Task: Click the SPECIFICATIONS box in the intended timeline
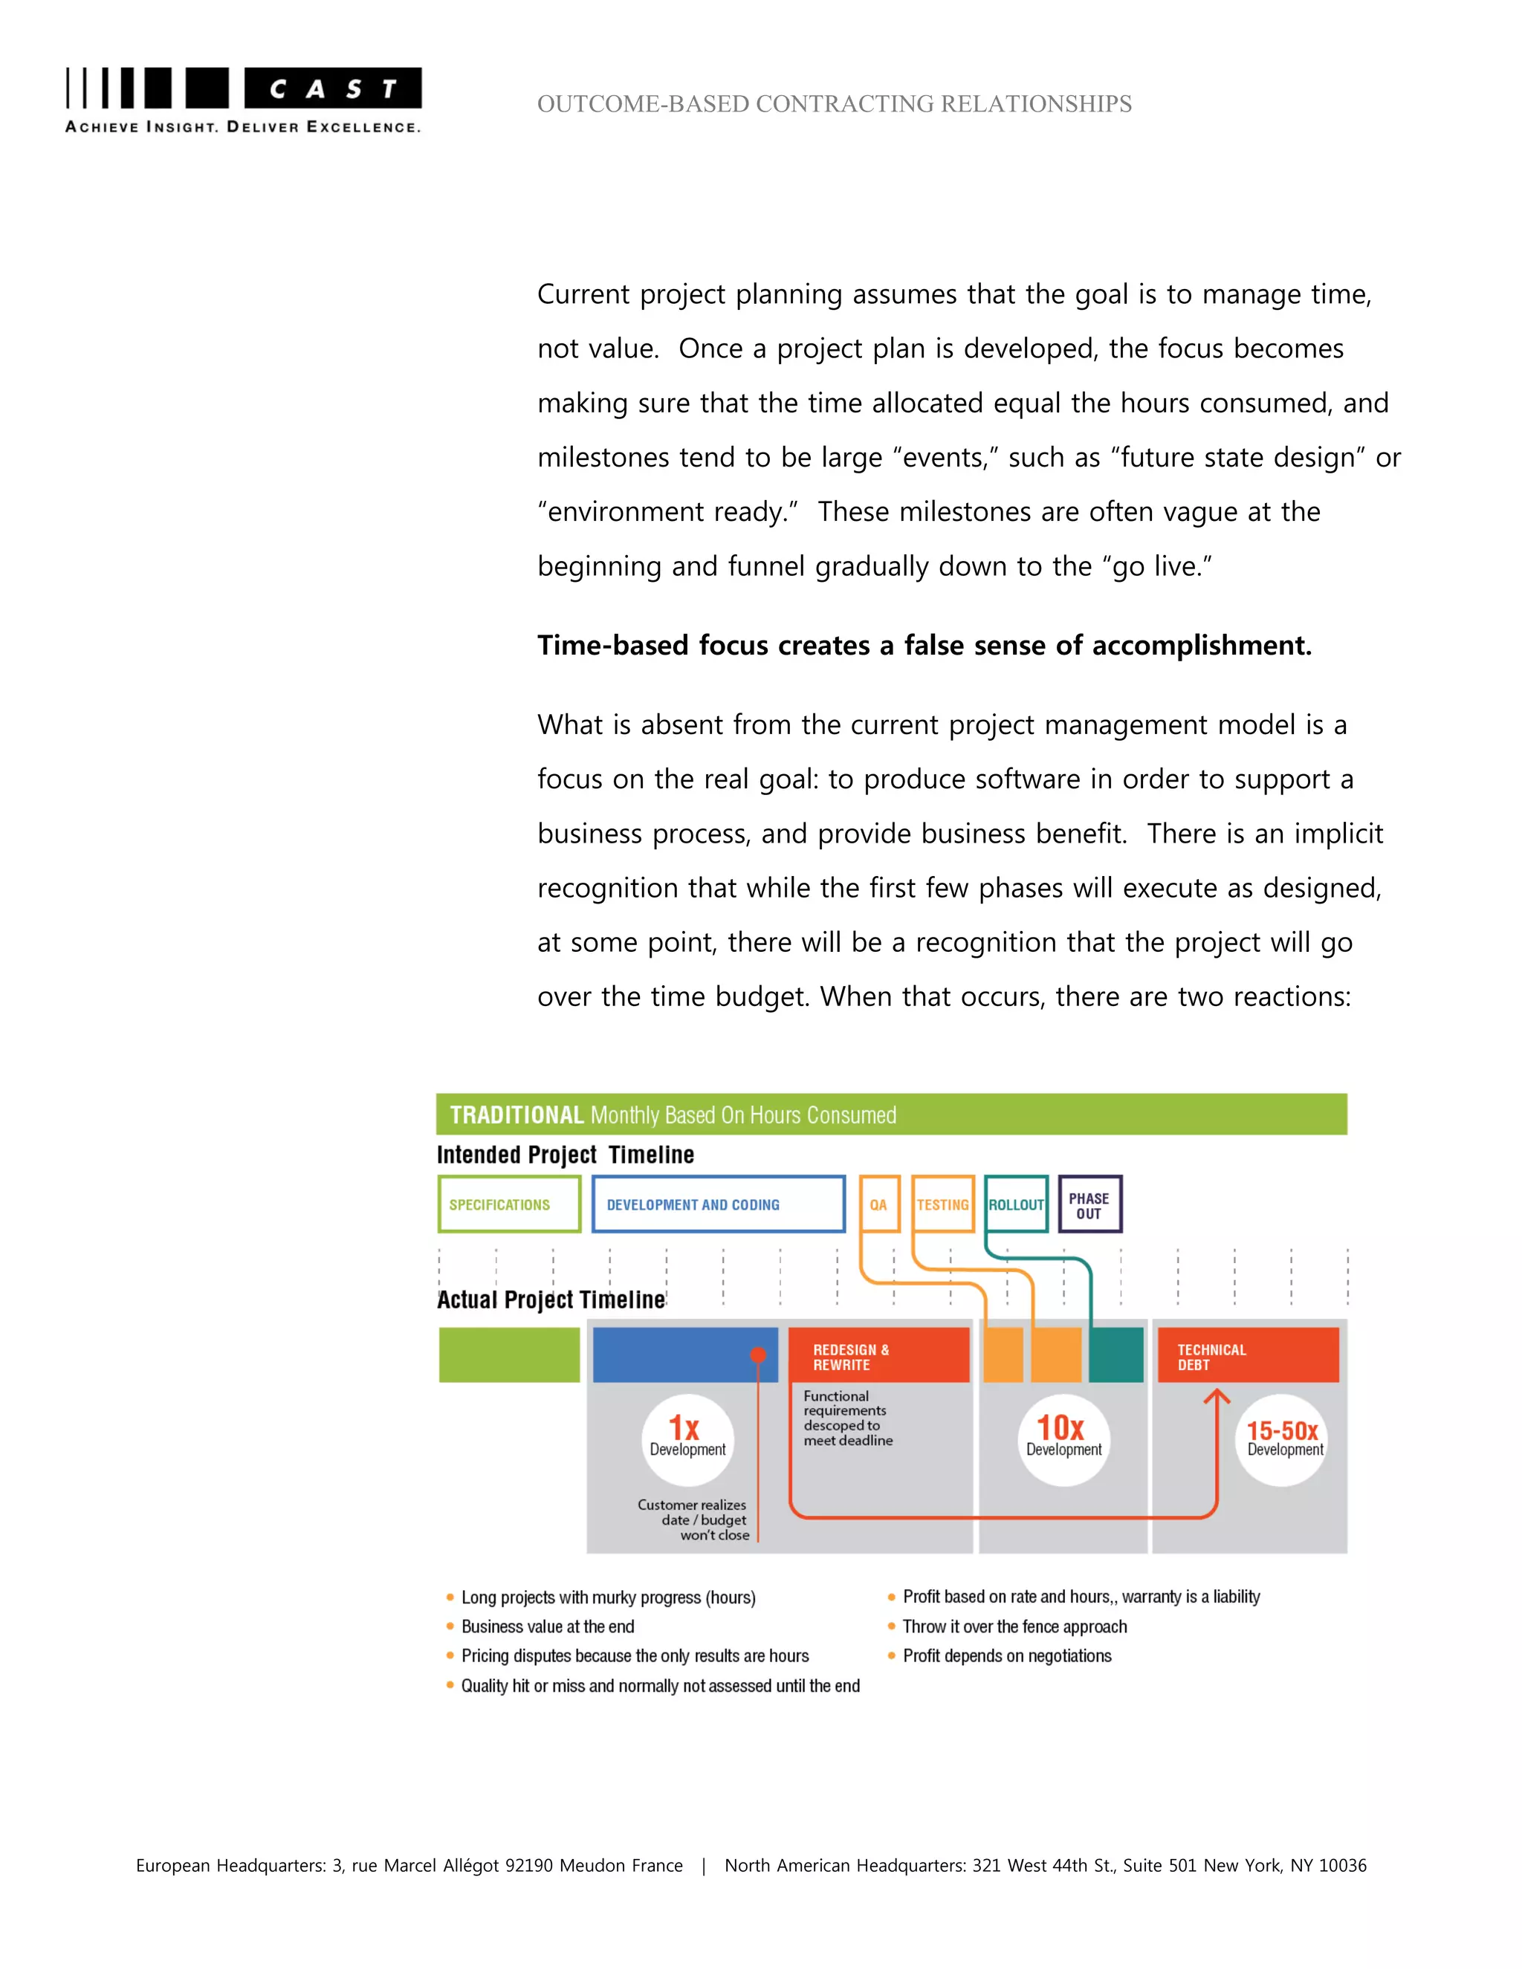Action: pos(509,1204)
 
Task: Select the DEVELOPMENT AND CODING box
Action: pos(718,1204)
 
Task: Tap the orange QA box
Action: pos(879,1204)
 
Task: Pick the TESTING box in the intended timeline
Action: pos(942,1204)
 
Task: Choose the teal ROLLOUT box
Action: pos(1016,1204)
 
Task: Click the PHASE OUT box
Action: pos(1089,1204)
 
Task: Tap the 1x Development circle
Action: pos(687,1439)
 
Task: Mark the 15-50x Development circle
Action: pos(1282,1439)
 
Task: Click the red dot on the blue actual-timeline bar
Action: pos(758,1354)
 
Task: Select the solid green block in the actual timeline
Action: pos(509,1354)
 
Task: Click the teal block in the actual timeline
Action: pos(1116,1354)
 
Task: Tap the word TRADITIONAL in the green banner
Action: pos(516,1115)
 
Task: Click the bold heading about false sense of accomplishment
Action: pos(924,646)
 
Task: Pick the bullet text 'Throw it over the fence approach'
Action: pos(1014,1626)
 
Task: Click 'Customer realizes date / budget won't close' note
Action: pos(693,1520)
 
